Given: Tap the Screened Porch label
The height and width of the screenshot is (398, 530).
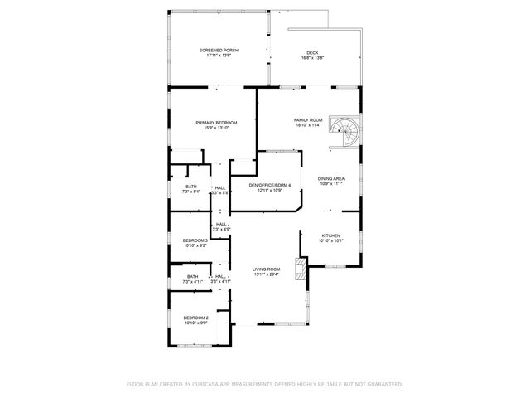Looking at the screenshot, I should [219, 51].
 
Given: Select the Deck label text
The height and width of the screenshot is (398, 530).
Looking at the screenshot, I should [312, 52].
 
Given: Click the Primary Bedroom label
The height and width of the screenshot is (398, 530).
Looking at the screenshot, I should [211, 122].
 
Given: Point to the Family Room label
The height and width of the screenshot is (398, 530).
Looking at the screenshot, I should [307, 119].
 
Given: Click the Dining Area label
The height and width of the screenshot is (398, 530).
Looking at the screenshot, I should [331, 178].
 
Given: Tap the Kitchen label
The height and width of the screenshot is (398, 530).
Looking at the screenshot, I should [331, 235].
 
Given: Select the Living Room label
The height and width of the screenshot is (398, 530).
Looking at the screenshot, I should [267, 269].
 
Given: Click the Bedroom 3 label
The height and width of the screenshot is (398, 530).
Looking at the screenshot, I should [195, 240].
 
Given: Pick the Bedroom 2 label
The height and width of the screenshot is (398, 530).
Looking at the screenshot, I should [195, 318].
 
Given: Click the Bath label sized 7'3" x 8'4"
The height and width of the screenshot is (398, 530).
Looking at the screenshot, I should [191, 187].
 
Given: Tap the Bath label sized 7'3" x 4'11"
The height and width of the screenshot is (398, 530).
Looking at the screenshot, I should [192, 276].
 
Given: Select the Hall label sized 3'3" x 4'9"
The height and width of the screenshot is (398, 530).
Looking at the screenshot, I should [221, 224].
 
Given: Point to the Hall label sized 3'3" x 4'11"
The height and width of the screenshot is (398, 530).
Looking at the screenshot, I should [221, 276].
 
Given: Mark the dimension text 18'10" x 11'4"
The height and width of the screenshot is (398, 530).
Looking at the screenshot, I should [307, 125].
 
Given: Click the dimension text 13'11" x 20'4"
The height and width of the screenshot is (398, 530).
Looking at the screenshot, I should [267, 274].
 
